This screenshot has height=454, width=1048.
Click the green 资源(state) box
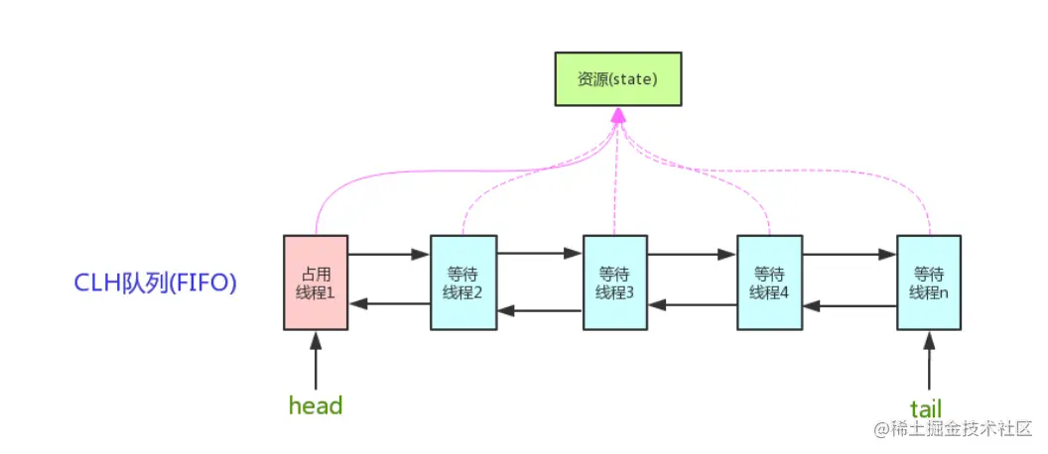(617, 78)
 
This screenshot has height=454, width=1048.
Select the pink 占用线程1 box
(316, 282)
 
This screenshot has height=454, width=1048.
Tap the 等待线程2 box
(462, 282)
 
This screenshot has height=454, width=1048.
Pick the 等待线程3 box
(614, 282)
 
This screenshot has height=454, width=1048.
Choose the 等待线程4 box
(769, 282)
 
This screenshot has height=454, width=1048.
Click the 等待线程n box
(928, 282)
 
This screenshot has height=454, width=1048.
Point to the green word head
(316, 405)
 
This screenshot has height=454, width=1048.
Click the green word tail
(926, 407)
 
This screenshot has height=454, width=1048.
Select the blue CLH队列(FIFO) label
(157, 283)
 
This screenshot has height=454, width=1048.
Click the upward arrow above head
(316, 360)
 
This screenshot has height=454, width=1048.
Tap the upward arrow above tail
(929, 360)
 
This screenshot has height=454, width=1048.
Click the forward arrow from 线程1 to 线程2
(388, 255)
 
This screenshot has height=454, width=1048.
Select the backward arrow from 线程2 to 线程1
(388, 302)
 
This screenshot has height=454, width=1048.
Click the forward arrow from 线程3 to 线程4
(692, 255)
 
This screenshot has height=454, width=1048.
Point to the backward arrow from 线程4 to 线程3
(692, 304)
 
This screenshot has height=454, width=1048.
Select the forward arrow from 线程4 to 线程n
(849, 255)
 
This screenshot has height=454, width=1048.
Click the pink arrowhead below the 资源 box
(617, 116)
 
